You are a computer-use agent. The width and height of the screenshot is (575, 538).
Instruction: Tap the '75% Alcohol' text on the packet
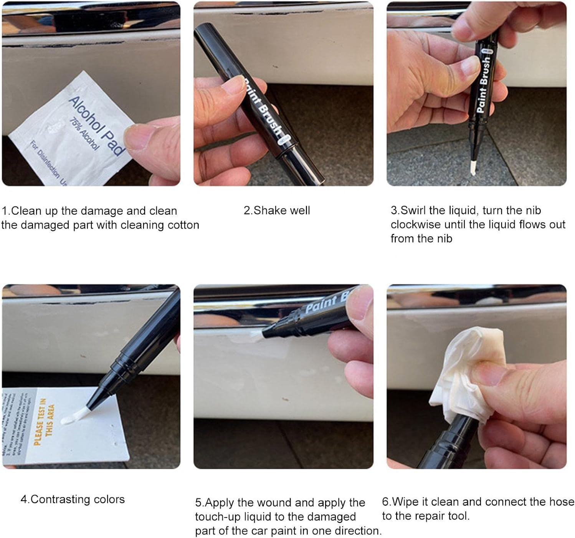(x=84, y=134)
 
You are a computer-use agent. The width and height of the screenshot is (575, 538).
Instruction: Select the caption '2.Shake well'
(x=277, y=210)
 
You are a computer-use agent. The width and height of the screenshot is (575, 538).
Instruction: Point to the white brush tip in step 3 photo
(x=473, y=167)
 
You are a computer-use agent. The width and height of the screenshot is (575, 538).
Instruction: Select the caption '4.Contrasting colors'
(x=73, y=499)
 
